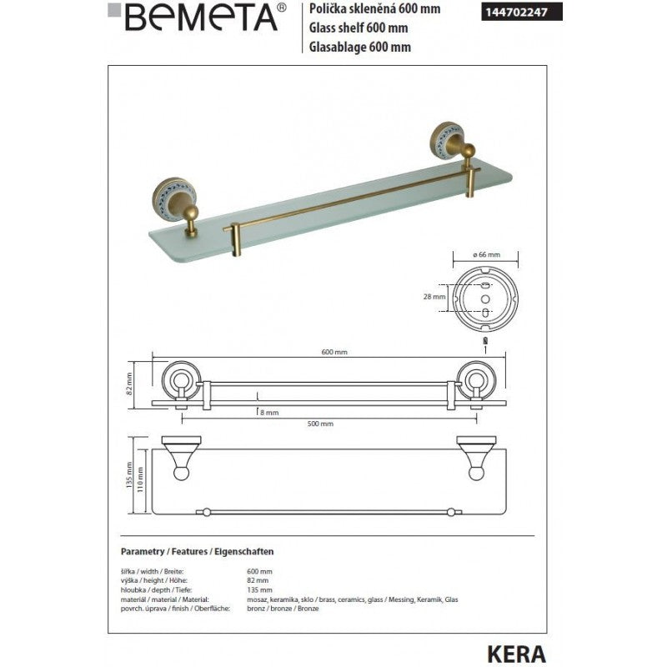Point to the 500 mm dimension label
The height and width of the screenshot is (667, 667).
coord(320,424)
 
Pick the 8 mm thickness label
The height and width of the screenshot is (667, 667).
coord(268,412)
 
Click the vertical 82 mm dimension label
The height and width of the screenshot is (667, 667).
coord(129,382)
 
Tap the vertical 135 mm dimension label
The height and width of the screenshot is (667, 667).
coord(129,478)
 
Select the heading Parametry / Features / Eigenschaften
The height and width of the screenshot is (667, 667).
coord(198,552)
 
